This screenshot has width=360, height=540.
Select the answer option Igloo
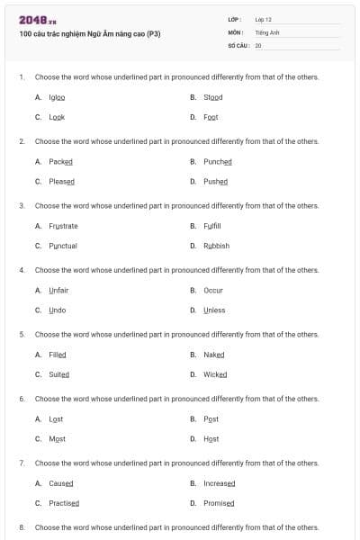pyautogui.click(x=57, y=97)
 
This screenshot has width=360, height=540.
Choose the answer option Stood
pyautogui.click(x=212, y=97)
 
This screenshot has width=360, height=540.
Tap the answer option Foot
pyautogui.click(x=211, y=117)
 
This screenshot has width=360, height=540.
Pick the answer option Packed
pyautogui.click(x=60, y=161)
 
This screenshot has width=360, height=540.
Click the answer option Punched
pyautogui.click(x=217, y=161)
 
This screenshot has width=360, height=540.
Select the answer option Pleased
pyautogui.click(x=61, y=181)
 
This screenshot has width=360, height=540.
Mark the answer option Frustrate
pyautogui.click(x=63, y=226)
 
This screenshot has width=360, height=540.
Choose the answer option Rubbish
pyautogui.click(x=216, y=246)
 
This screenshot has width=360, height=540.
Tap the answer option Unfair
pyautogui.click(x=58, y=290)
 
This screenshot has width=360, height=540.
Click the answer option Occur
pyautogui.click(x=212, y=290)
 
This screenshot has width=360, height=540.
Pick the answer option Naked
pyautogui.click(x=213, y=355)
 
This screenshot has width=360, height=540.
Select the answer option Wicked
pyautogui.click(x=215, y=374)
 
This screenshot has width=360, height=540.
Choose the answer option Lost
pyautogui.click(x=56, y=418)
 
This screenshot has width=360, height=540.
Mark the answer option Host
pyautogui.click(x=211, y=438)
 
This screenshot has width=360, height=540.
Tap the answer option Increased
pyautogui.click(x=219, y=483)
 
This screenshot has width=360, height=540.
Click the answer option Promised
pyautogui.click(x=219, y=503)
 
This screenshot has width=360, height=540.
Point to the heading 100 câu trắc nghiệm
pyautogui.click(x=89, y=34)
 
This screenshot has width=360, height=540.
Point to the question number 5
pyautogui.click(x=22, y=334)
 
